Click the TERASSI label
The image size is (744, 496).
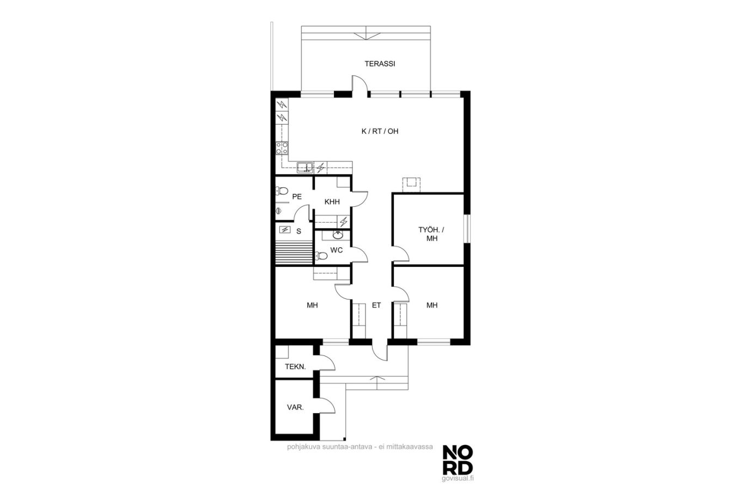coord(380,64)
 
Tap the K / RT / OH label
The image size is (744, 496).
coord(380,131)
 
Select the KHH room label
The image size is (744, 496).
coord(332,201)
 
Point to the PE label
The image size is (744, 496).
coord(297,197)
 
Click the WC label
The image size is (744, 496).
coord(337,250)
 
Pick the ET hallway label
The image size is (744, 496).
coord(376,305)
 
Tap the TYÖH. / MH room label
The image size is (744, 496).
coord(432,234)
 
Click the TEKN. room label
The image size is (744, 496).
coord(295,367)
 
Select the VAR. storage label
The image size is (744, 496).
coord(295,407)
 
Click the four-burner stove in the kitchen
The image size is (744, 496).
coord(282,148)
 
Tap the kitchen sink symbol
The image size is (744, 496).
coord(305,168)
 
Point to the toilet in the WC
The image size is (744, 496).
coord(321,256)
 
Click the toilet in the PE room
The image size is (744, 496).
coord(282,191)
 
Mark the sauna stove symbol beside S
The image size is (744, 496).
coord(285,229)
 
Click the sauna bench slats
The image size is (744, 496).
coord(294,253)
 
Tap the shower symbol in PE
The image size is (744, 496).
coord(279,211)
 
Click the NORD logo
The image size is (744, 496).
coord(458,460)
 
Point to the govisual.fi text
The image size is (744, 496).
coord(458,479)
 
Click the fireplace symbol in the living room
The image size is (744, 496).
coord(411,185)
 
